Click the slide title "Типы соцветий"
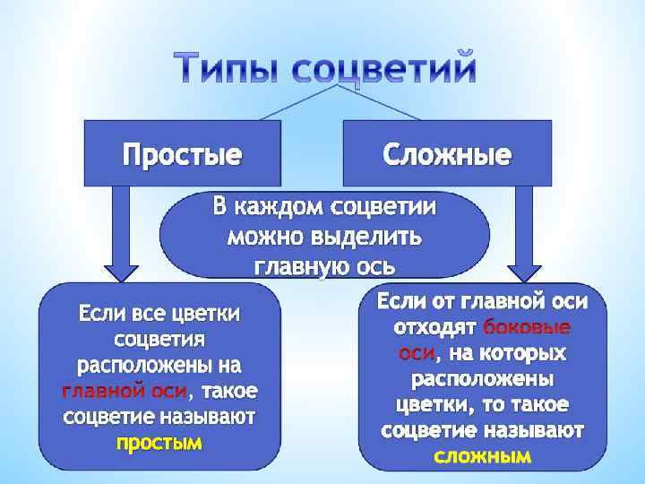click(323, 68)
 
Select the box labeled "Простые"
click(182, 154)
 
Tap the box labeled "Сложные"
click(447, 154)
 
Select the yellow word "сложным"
click(482, 456)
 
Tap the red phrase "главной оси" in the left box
click(125, 392)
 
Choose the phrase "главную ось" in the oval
click(324, 266)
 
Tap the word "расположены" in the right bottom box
click(483, 377)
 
